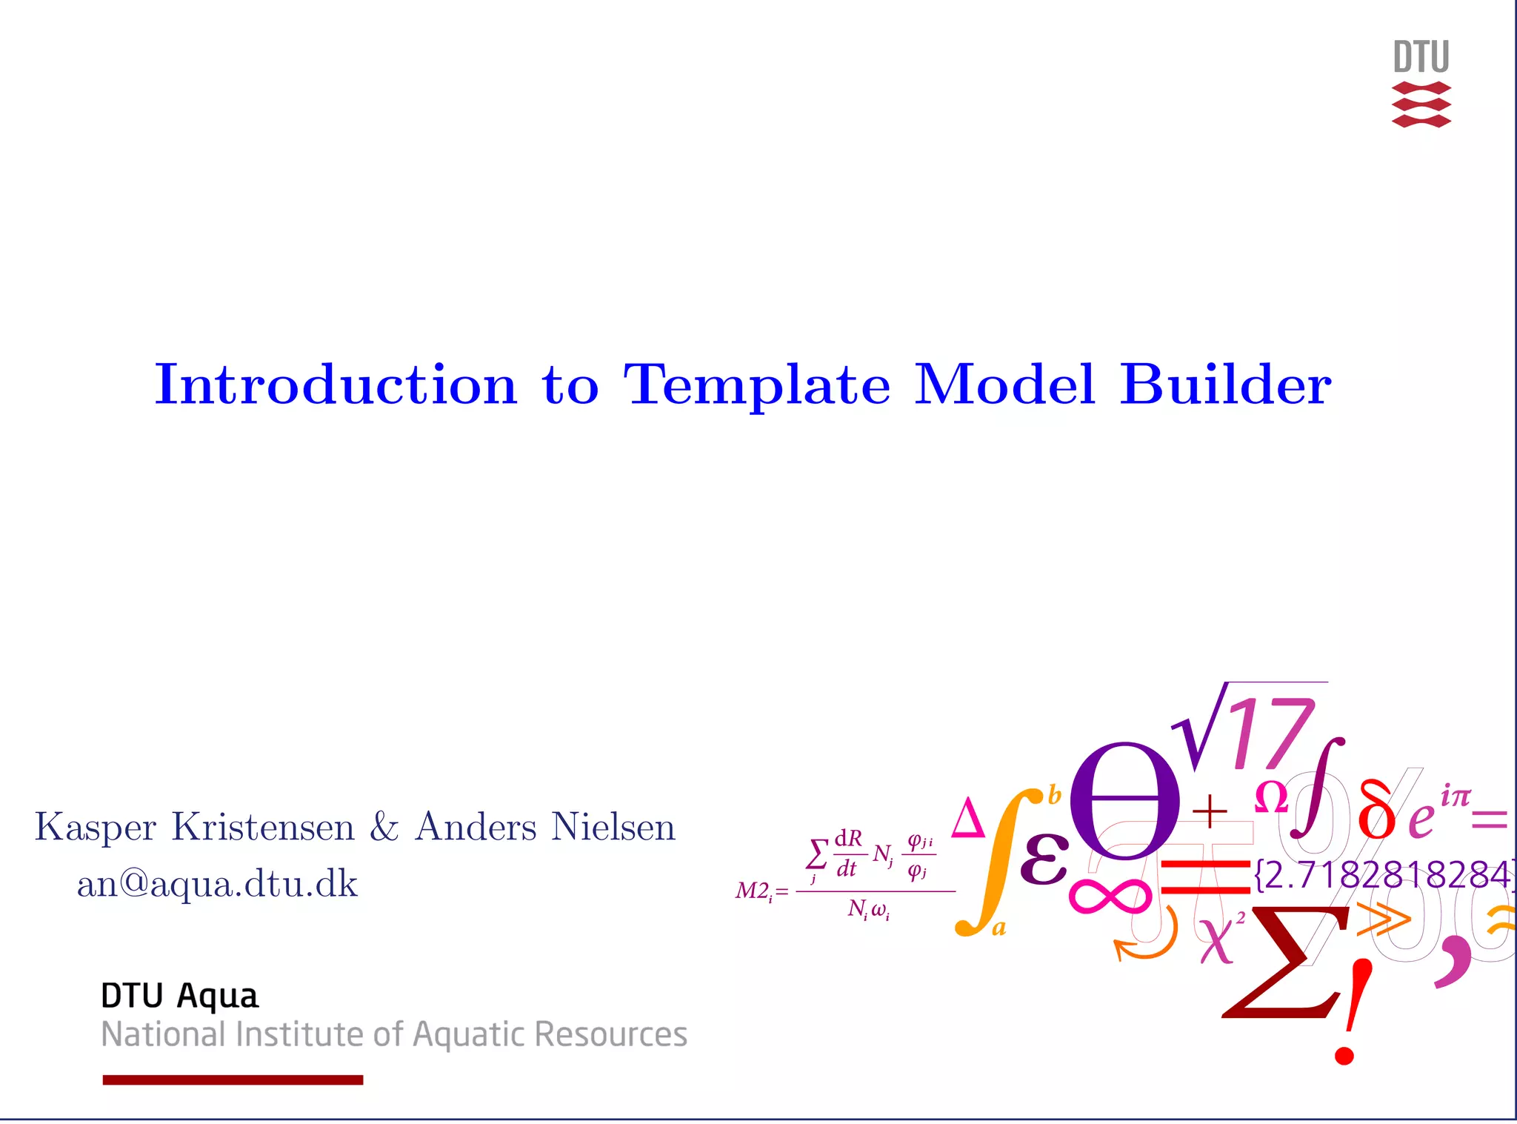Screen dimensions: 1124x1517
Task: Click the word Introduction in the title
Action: [335, 385]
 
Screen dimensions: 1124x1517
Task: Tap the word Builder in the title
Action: [1225, 385]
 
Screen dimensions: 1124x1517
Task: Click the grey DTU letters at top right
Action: [1421, 57]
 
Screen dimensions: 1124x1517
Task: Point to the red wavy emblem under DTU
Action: [1421, 104]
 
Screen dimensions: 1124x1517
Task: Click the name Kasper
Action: [96, 828]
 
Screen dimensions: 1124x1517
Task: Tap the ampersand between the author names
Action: [384, 826]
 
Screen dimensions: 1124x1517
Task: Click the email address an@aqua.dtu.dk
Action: [217, 884]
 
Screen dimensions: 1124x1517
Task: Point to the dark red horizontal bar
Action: [233, 1080]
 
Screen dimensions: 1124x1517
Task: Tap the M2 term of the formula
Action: [754, 891]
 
